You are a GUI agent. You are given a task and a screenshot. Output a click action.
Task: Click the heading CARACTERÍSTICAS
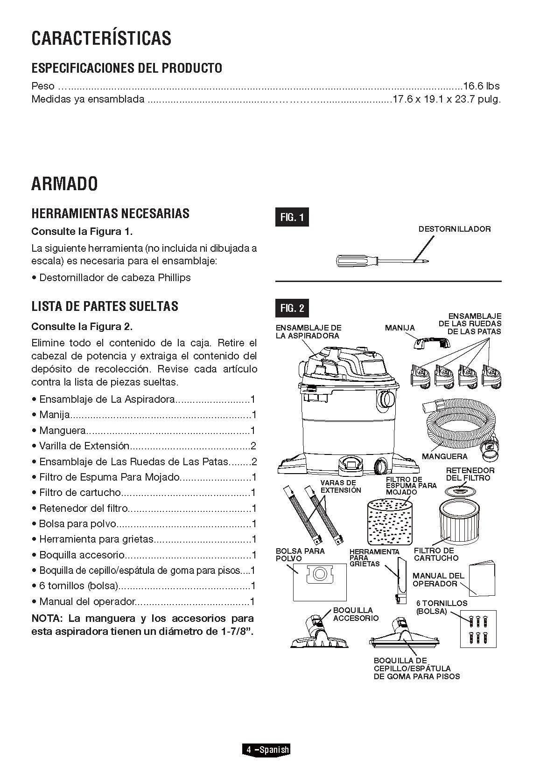point(101,38)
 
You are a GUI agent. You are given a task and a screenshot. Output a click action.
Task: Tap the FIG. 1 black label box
point(292,217)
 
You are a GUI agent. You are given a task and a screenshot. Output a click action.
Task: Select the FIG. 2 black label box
point(292,308)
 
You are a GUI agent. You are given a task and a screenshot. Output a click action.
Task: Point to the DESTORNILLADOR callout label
point(454,229)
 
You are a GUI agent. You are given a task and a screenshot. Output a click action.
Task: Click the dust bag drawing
point(320,581)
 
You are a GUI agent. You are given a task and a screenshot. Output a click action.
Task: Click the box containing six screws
point(477,628)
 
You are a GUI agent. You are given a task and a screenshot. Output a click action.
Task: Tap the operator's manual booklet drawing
point(482,578)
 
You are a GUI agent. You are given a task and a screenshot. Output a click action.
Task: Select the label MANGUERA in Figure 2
point(444,456)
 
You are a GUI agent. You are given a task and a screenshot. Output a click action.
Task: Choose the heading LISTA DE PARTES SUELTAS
point(105,306)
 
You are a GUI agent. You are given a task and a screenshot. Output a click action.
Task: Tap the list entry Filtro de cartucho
point(80,493)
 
